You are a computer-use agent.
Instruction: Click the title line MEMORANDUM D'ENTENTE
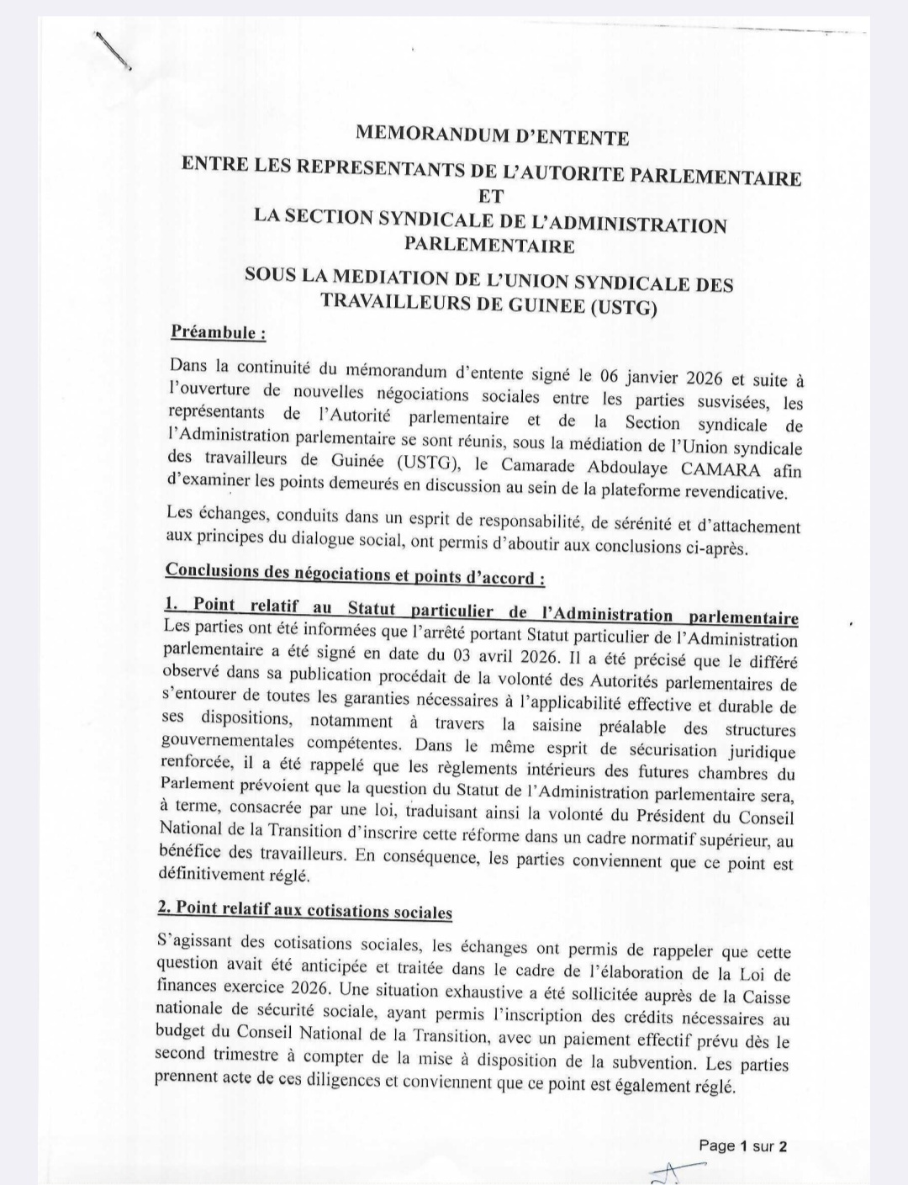click(492, 134)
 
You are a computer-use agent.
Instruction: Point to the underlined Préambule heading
click(218, 332)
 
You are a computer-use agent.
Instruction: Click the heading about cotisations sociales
click(304, 909)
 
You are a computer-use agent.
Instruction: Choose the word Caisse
click(765, 997)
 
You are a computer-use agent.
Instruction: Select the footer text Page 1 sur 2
click(742, 1145)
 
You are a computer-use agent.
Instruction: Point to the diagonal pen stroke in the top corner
click(113, 51)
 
